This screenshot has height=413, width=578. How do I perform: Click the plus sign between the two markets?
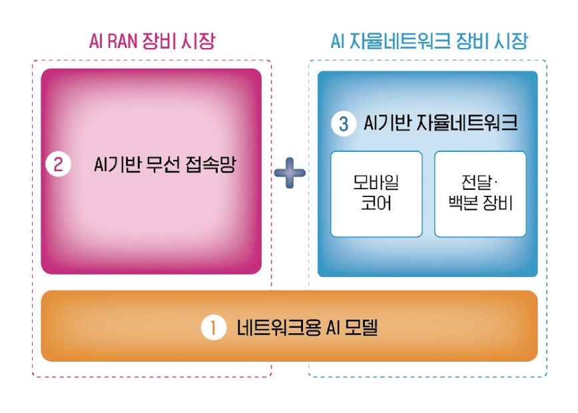tap(290, 173)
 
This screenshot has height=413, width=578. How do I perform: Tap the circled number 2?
tap(58, 164)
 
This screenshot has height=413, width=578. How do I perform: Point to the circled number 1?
tap(214, 328)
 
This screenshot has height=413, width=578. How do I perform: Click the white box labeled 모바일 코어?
tap(376, 194)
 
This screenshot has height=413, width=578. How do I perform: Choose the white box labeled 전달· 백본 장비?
tap(480, 194)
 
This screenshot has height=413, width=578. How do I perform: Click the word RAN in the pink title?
tap(123, 41)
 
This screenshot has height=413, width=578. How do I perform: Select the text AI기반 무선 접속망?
tap(164, 165)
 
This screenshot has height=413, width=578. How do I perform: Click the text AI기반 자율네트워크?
tap(441, 123)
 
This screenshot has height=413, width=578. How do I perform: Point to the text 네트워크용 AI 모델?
tap(308, 328)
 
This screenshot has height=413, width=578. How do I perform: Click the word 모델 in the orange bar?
tap(362, 328)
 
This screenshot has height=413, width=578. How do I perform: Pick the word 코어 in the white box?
tap(376, 203)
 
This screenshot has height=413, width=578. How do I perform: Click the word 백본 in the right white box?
tap(463, 203)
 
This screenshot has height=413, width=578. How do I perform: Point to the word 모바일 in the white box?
tap(376, 182)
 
